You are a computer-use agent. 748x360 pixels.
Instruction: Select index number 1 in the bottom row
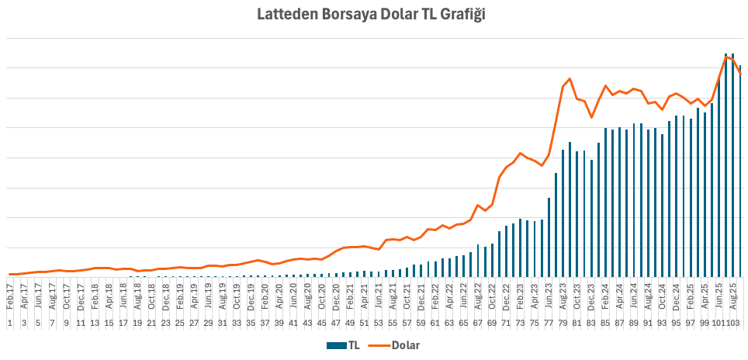[9, 323]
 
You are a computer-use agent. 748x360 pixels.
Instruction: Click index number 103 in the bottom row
[736, 323]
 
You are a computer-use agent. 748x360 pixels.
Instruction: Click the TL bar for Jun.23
[549, 237]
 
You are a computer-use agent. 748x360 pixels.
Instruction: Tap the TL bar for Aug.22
[478, 261]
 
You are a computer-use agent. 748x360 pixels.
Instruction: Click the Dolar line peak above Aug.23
[570, 79]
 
